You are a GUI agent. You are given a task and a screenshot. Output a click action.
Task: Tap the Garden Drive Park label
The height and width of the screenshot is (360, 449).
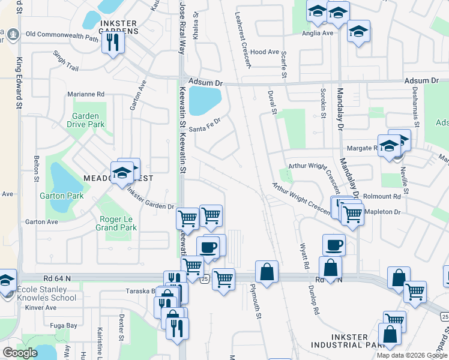coord(88,120)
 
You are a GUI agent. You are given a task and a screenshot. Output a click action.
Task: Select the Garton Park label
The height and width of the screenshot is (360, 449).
coord(61,196)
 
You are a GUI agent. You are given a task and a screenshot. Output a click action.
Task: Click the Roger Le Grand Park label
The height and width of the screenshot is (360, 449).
coord(116,223)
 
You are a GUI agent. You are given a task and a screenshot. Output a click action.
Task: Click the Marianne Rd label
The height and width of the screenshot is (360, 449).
coord(86,94)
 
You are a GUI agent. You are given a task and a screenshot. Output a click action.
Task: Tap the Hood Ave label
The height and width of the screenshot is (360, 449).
coord(265,52)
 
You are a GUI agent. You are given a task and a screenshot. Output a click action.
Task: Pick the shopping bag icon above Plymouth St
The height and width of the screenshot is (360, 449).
coord(267,271)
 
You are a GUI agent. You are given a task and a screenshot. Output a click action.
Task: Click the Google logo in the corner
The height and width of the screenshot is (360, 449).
coord(20,353)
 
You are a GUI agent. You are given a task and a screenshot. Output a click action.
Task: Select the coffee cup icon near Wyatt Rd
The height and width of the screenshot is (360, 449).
coord(334,244)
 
